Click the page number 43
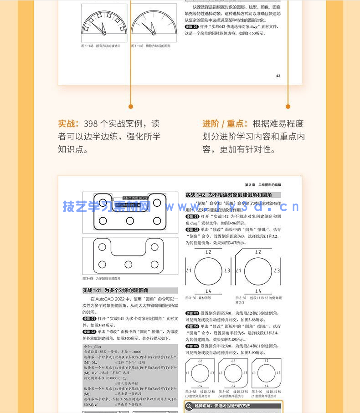tap(278, 76)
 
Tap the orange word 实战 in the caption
tap(66, 124)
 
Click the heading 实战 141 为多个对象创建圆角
tap(115, 290)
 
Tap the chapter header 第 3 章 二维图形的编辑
tap(263, 185)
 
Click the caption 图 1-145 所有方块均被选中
tap(101, 46)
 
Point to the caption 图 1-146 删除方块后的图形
tap(151, 46)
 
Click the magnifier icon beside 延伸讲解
tap(189, 406)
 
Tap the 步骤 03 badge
tap(192, 313)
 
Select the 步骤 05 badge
tap(192, 346)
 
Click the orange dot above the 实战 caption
tap(131, 107)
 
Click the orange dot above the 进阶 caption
tap(288, 107)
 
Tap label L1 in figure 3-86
tap(189, 270)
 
